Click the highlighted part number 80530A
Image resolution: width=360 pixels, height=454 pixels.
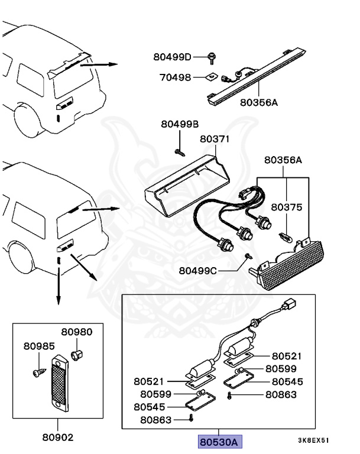[x=218, y=442]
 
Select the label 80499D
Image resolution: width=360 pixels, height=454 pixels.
[x=172, y=57]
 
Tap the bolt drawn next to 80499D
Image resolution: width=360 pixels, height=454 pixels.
[x=212, y=57]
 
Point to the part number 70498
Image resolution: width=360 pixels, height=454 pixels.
[x=176, y=77]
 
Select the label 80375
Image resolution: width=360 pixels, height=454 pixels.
[x=287, y=207]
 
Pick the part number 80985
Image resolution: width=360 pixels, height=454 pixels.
[x=38, y=346]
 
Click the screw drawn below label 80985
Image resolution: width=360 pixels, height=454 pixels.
[x=37, y=371]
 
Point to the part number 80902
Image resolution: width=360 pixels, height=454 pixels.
[x=57, y=438]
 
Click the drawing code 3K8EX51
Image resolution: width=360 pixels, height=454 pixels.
[x=313, y=441]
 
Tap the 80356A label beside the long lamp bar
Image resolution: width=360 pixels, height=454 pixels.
[x=258, y=102]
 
